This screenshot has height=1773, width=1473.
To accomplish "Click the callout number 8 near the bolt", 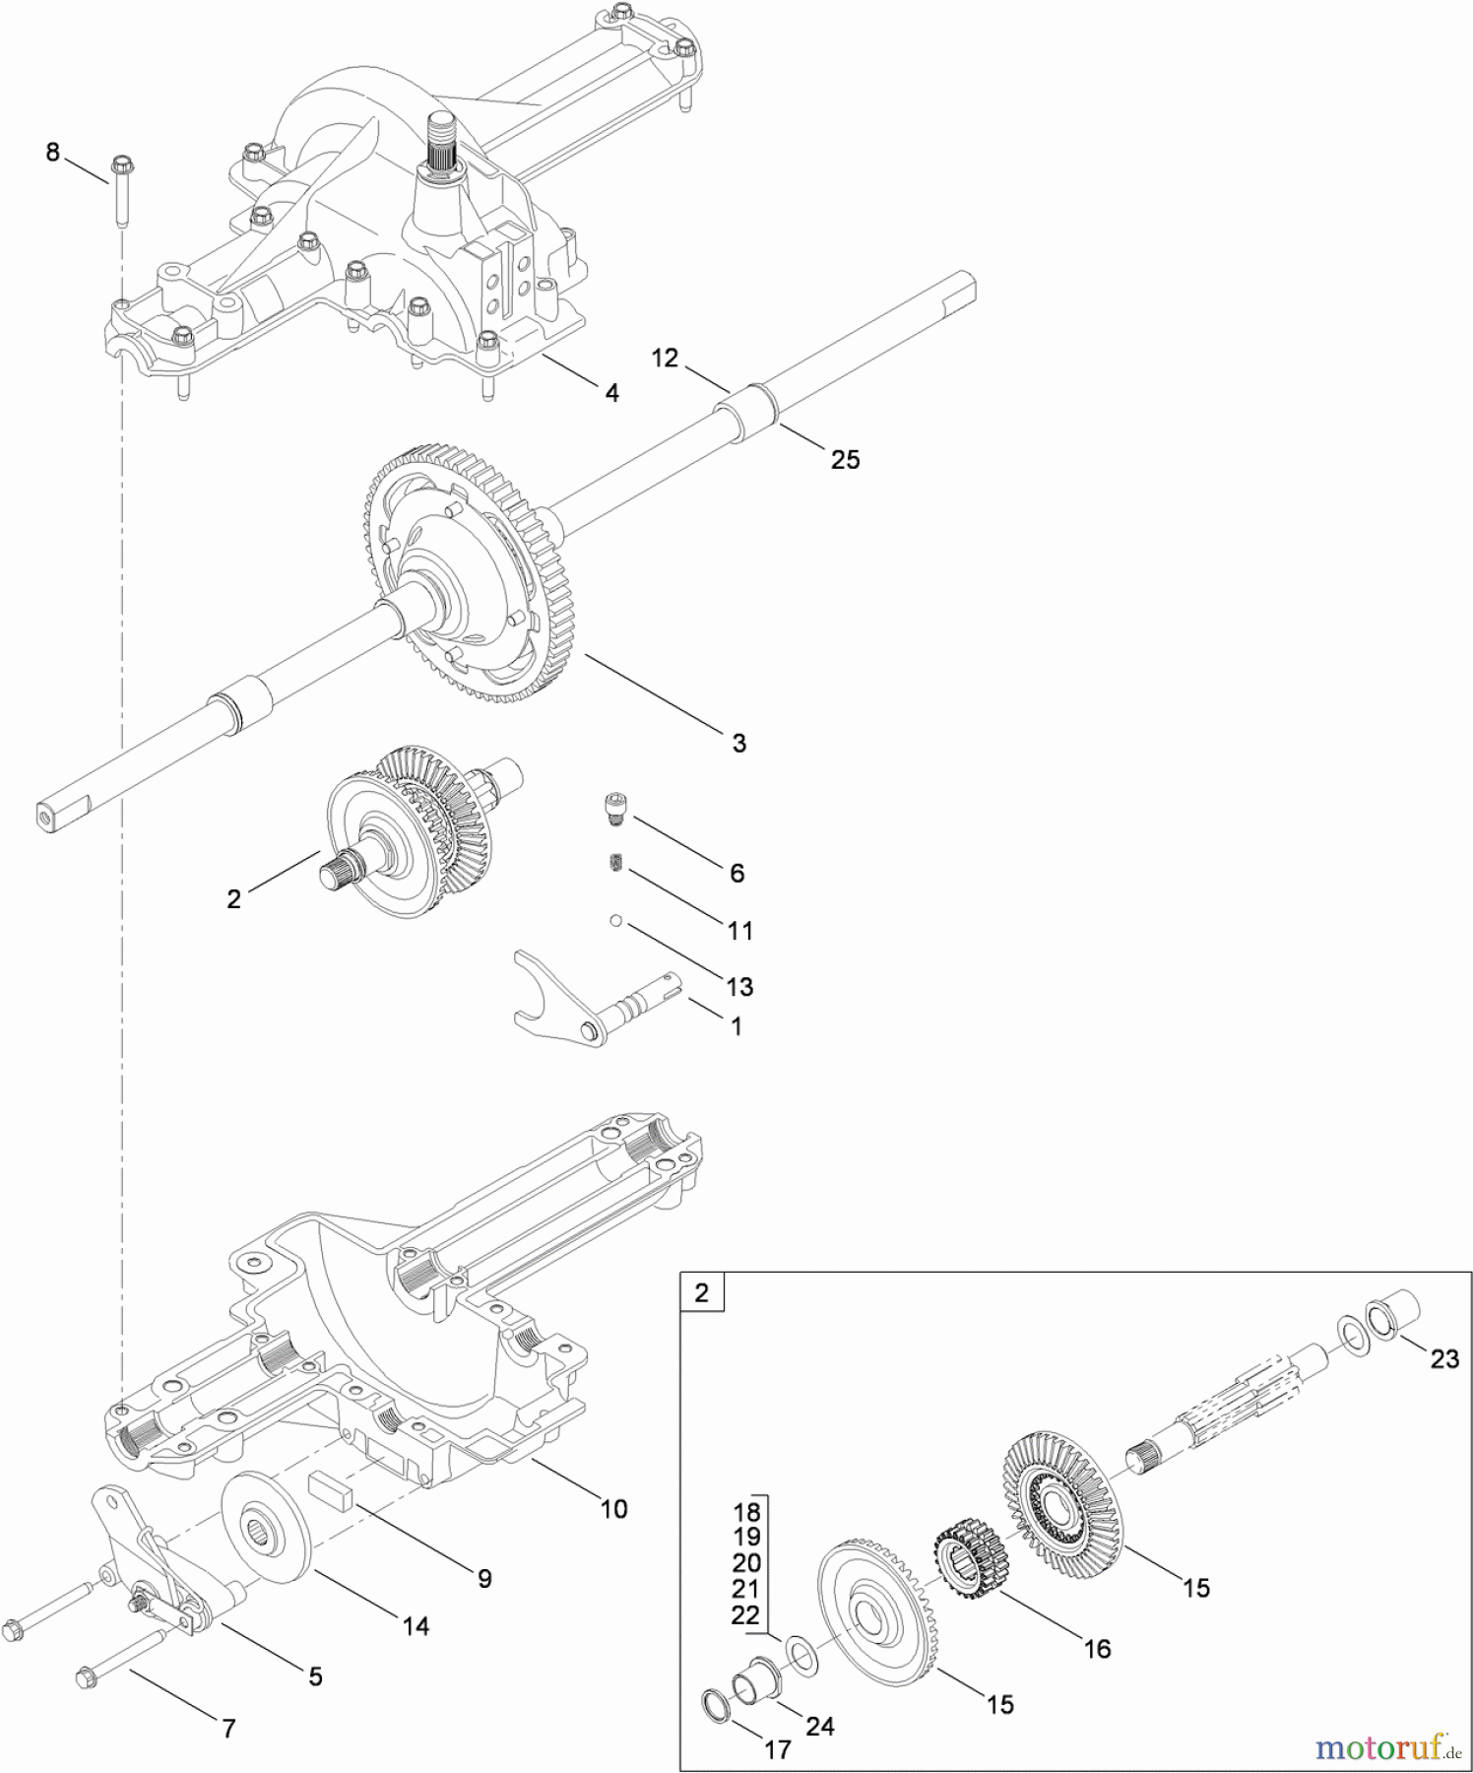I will point(52,153).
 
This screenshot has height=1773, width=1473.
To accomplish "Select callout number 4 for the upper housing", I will point(611,393).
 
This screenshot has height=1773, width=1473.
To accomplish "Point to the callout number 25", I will point(845,459).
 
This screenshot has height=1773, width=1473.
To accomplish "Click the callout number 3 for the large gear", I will point(738,743).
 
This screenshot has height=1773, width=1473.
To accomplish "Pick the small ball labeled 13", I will point(613,921).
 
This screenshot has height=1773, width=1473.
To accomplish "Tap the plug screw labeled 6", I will point(615,811).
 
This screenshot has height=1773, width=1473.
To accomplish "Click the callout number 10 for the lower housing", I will point(613,1509).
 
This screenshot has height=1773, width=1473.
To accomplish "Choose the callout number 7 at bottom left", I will point(228,1728).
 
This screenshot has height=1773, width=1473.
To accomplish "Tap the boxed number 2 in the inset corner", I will point(701,1292).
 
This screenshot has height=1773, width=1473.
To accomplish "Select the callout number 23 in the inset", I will point(1443,1359).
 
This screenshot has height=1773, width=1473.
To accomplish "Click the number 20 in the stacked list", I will point(746,1563).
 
